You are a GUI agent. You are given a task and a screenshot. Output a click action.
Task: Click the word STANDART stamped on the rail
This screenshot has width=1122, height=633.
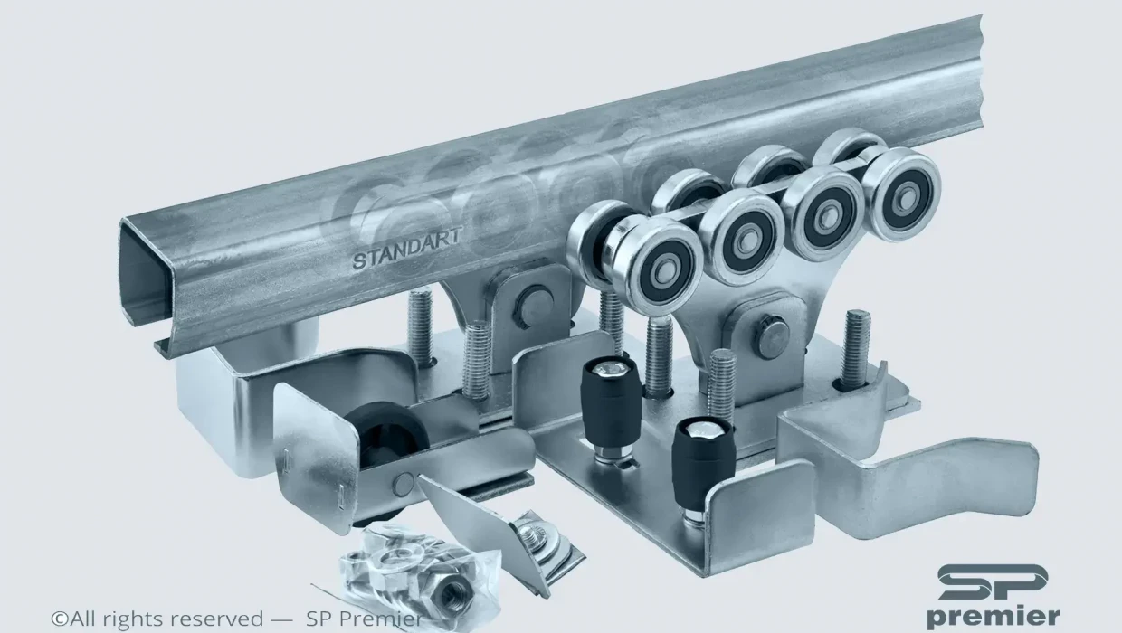406,249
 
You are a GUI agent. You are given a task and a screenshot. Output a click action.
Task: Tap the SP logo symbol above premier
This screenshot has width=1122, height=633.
993,582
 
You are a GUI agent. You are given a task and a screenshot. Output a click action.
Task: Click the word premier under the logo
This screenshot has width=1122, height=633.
994,618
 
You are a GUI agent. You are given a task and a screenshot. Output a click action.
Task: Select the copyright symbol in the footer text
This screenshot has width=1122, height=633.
60,619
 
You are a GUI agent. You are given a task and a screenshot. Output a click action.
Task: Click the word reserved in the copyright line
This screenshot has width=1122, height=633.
217,619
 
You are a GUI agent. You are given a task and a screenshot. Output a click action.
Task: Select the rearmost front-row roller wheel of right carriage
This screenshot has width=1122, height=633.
900,194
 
